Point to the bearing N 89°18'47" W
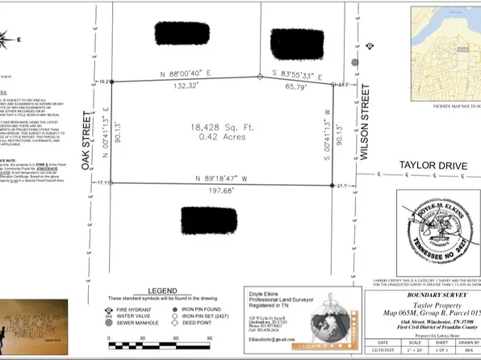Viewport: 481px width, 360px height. pyautogui.click(x=220, y=177)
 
